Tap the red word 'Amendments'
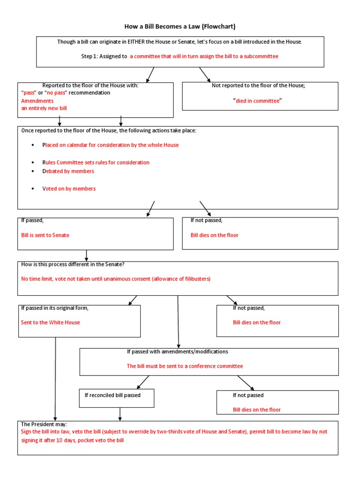37,101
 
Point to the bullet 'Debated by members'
68,171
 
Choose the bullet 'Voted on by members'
69,188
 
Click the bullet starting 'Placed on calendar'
111,145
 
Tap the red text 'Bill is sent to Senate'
45,235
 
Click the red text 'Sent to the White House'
51,322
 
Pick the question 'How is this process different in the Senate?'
73,264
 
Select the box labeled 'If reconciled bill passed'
116,398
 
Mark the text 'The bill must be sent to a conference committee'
185,366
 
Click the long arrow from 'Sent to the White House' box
56,375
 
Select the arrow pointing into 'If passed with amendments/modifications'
178,323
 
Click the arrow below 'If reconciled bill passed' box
120,414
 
